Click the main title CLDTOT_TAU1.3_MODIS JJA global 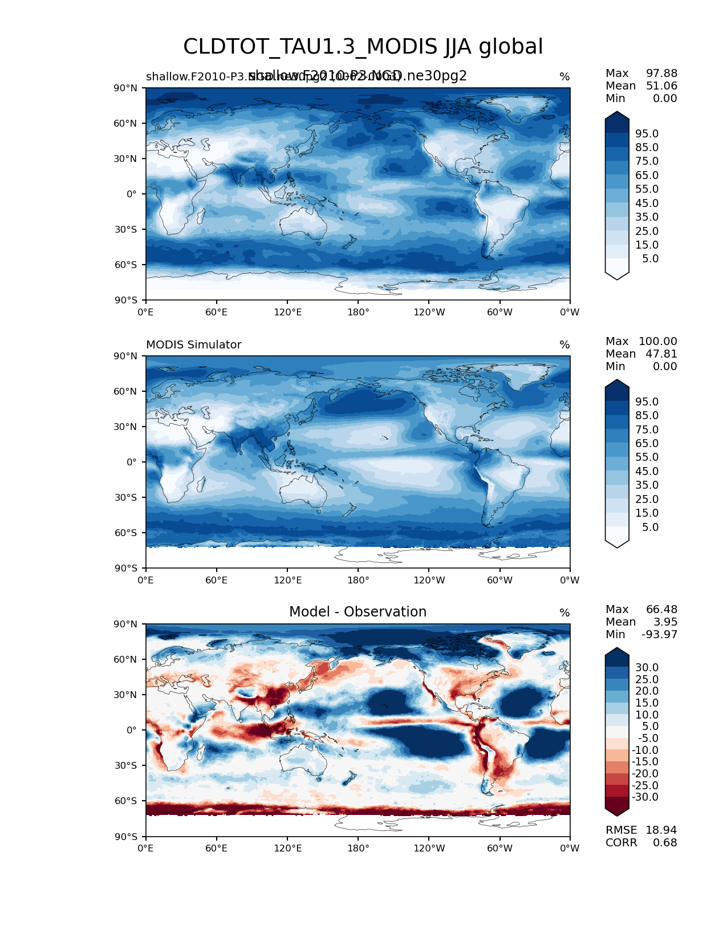pyautogui.click(x=363, y=47)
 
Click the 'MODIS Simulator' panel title pyautogui.click(x=193, y=345)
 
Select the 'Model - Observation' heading pyautogui.click(x=358, y=612)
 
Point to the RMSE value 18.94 pyautogui.click(x=661, y=830)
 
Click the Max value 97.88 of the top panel pyautogui.click(x=661, y=74)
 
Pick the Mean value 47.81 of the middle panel pyautogui.click(x=661, y=354)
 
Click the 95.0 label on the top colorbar pyautogui.click(x=647, y=133)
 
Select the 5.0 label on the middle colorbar pyautogui.click(x=650, y=527)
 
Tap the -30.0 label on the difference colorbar pyautogui.click(x=645, y=797)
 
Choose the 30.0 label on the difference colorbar pyautogui.click(x=647, y=667)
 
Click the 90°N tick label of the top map pyautogui.click(x=125, y=88)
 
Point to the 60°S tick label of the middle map pyautogui.click(x=125, y=533)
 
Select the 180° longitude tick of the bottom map pyautogui.click(x=358, y=848)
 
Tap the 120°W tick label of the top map pyautogui.click(x=429, y=312)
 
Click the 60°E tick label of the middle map pyautogui.click(x=217, y=580)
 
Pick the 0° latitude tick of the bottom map pyautogui.click(x=132, y=730)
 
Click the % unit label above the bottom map pyautogui.click(x=564, y=613)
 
